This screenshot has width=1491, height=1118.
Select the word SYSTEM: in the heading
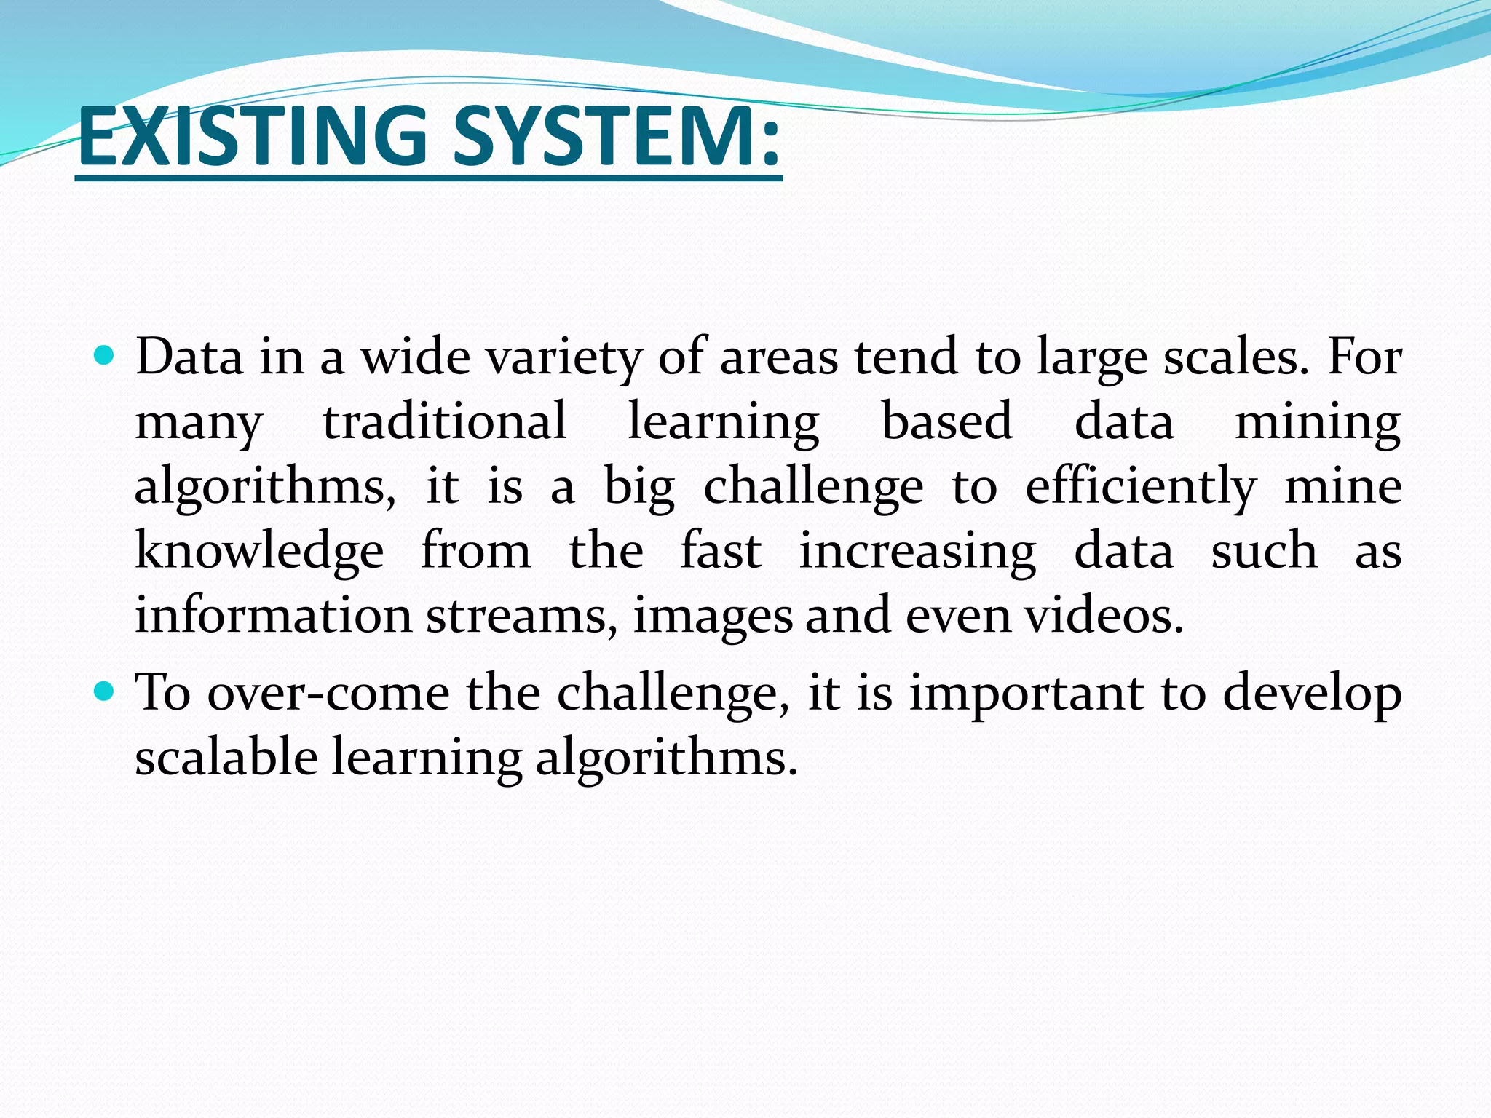tap(617, 135)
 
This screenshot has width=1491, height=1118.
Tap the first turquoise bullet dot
tap(106, 356)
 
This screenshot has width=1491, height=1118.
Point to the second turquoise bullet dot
tap(106, 691)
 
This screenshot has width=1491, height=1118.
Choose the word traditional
tap(445, 422)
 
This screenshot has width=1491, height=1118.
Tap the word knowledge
tap(259, 552)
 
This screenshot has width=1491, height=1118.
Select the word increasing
tap(917, 552)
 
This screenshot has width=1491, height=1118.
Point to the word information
tap(274, 616)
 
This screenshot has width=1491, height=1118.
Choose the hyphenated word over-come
tap(328, 693)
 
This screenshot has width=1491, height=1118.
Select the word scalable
tap(226, 757)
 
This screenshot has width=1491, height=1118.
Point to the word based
tap(946, 422)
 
